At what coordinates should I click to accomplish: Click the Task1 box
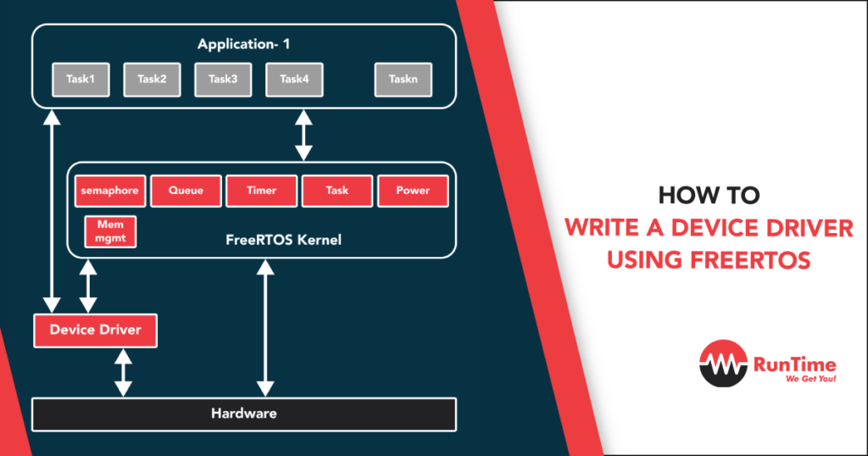[81, 80]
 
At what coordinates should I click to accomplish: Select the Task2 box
[152, 80]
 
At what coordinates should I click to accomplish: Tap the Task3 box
[223, 80]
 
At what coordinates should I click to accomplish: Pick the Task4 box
[294, 80]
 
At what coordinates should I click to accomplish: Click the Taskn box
[403, 80]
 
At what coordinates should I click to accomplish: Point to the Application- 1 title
[243, 44]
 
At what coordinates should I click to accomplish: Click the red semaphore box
[110, 191]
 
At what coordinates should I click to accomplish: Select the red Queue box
[186, 191]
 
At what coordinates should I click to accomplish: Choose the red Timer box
[261, 191]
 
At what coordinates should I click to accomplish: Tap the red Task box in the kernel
[337, 191]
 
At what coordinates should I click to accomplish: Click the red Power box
[413, 191]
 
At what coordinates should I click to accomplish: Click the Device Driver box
[95, 330]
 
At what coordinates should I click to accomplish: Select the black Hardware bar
[243, 414]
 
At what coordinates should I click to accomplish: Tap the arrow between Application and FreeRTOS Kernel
[303, 136]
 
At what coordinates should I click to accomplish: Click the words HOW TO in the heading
[709, 196]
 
